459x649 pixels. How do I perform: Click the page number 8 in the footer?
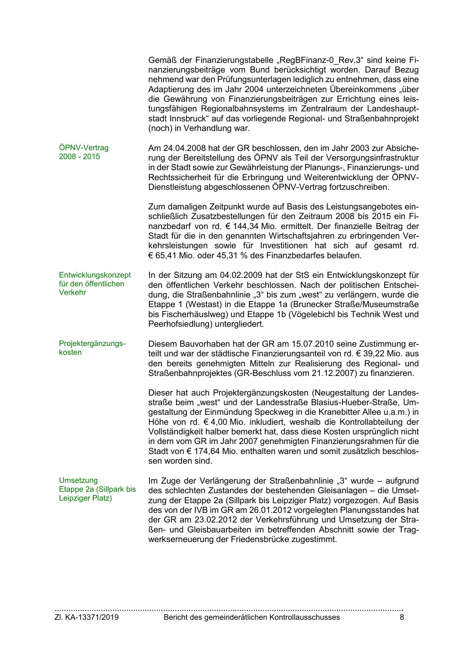tap(402, 617)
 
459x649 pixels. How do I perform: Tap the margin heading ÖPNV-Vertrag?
tap(84, 148)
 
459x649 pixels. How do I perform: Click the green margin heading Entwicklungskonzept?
tap(95, 275)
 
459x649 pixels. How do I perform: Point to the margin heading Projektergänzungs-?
tap(92, 343)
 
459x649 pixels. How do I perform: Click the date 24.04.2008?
tap(182, 148)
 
